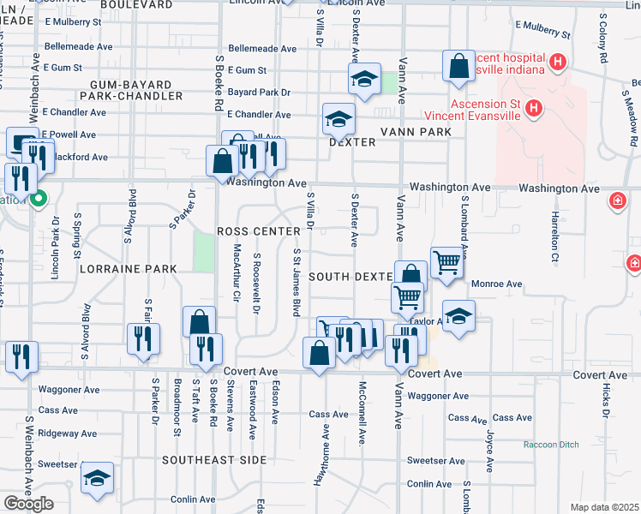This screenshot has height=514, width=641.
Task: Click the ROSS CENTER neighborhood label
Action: tap(259, 231)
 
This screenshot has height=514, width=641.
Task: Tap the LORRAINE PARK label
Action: tap(128, 268)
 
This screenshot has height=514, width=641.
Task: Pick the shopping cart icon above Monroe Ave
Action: tap(446, 262)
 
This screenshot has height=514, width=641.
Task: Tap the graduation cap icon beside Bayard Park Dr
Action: tap(364, 80)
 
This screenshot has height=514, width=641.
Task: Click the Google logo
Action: tap(28, 504)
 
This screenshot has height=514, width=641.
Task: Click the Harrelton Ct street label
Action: tap(555, 236)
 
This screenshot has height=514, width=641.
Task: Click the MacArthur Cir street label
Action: tap(237, 274)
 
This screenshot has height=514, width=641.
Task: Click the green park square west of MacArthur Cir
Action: tap(204, 251)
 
